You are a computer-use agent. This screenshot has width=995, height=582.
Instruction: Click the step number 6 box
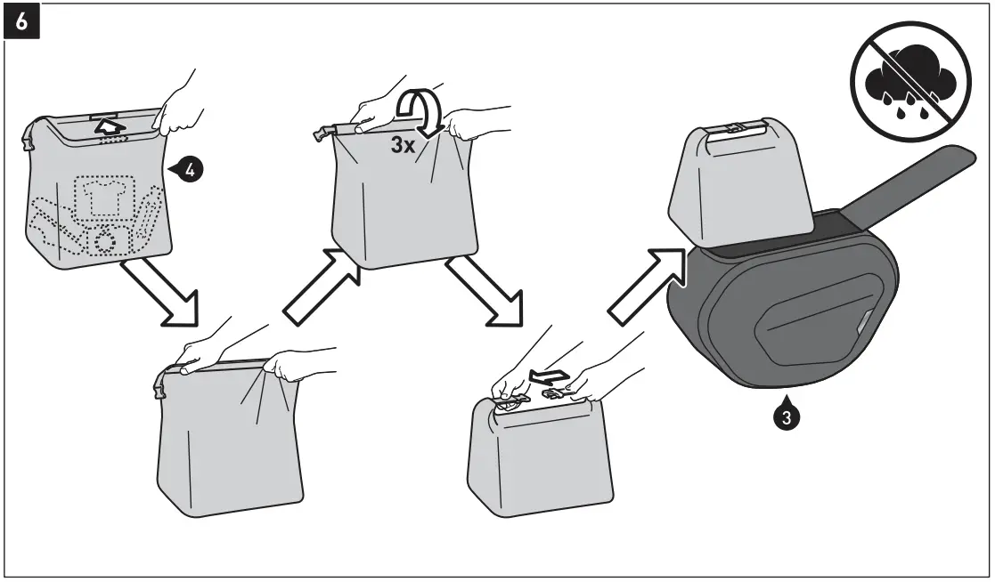pyautogui.click(x=22, y=22)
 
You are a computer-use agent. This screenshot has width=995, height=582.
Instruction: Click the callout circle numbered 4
pyautogui.click(x=189, y=165)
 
